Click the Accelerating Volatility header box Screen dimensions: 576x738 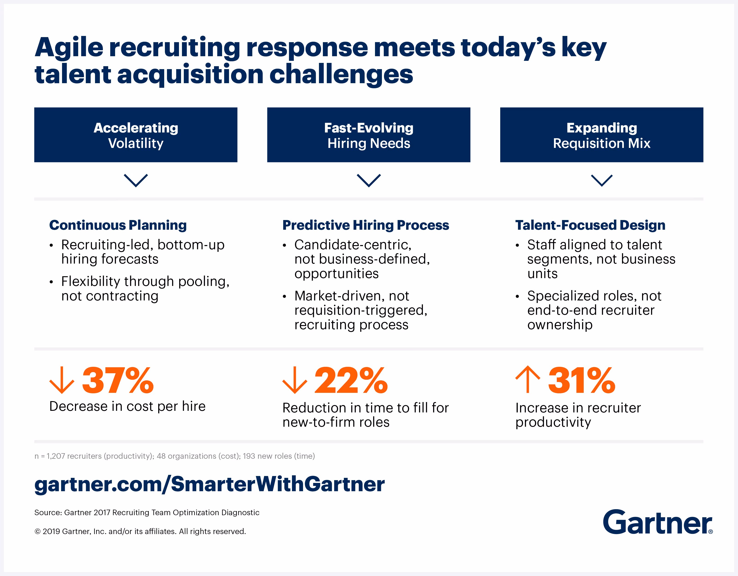[136, 135]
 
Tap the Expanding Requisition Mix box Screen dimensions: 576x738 [601, 135]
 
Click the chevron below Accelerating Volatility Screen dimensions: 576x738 [136, 180]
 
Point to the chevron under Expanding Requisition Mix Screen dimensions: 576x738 [601, 180]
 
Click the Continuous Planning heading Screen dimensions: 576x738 [118, 225]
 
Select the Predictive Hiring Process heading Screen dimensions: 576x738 [366, 225]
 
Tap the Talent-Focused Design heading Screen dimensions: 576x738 [590, 225]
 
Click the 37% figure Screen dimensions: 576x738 [118, 381]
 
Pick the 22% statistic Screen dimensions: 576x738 [351, 381]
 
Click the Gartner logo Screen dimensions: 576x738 [657, 522]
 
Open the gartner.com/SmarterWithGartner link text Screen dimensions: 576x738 [209, 484]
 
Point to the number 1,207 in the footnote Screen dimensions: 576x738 [56, 456]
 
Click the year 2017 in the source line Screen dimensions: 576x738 [102, 513]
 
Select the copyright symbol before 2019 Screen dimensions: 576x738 [38, 532]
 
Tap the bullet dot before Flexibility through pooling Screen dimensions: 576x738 [51, 282]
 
